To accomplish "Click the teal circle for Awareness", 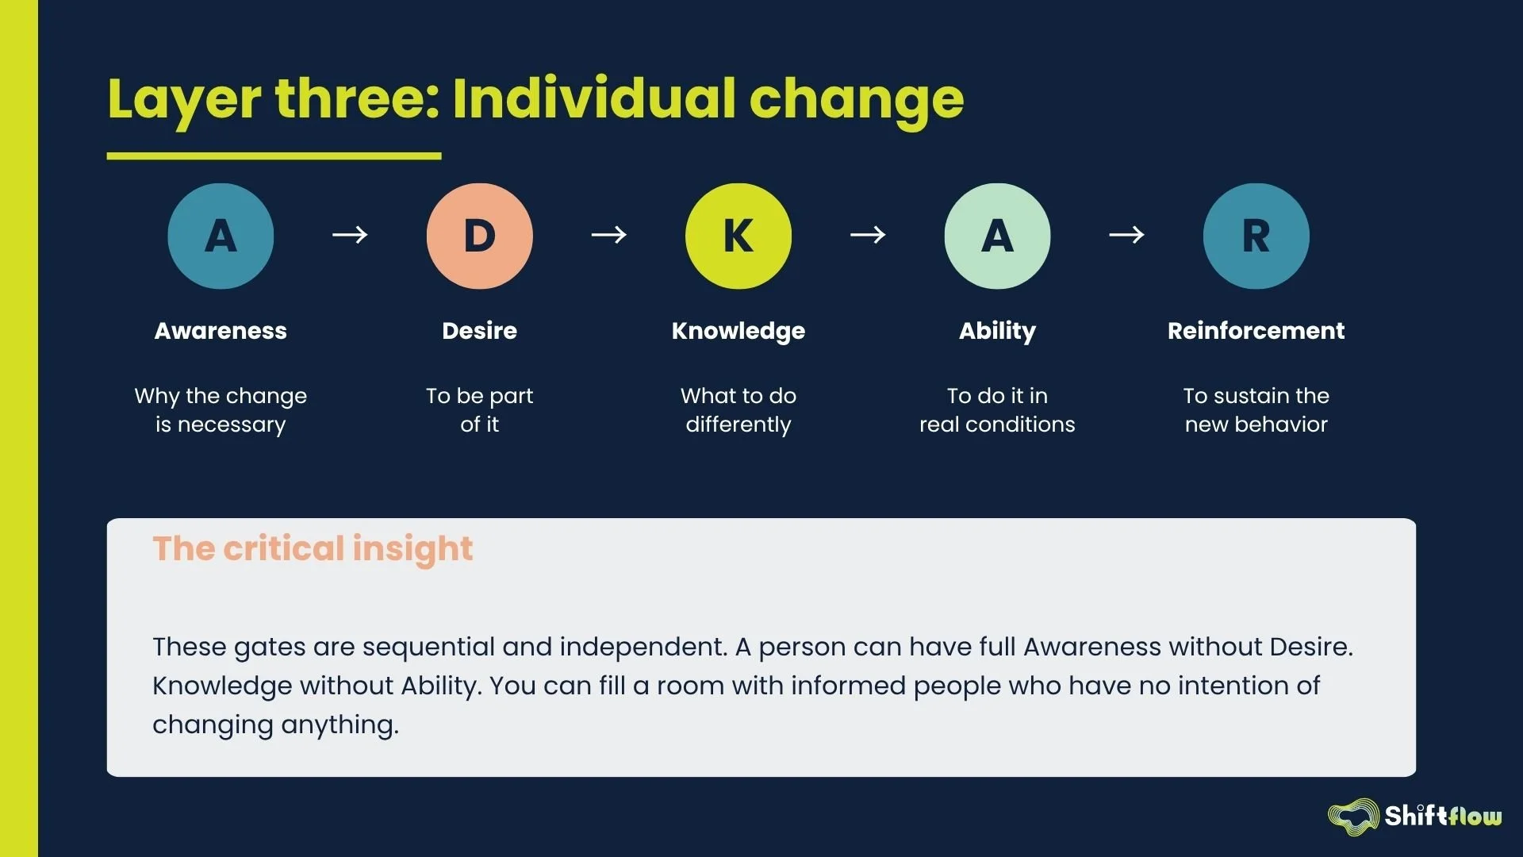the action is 221,236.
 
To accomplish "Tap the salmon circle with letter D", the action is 479,236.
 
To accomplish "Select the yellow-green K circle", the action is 738,236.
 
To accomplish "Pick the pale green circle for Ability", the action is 997,236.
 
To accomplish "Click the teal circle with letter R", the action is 1256,236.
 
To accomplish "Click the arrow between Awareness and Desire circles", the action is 350,235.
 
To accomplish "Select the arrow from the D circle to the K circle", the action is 609,235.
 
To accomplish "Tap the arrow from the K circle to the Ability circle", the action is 868,235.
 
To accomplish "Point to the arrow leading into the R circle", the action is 1126,235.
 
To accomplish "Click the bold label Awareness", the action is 221,330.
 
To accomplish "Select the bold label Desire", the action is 479,330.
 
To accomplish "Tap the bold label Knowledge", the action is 738,330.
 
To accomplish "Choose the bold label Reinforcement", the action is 1256,330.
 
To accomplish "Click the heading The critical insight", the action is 313,548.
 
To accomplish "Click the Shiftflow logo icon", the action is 1353,817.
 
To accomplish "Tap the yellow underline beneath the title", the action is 274,156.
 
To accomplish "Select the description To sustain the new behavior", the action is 1256,409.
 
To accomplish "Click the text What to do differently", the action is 738,409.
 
